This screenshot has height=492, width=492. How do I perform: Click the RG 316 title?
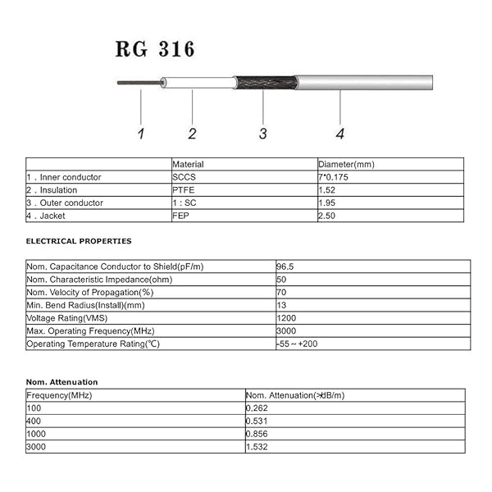click(156, 49)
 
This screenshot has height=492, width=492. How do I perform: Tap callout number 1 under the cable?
click(140, 134)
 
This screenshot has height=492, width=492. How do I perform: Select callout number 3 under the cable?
click(262, 134)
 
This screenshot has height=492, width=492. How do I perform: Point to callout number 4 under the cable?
click(339, 134)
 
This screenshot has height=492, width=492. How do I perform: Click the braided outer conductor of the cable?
click(265, 83)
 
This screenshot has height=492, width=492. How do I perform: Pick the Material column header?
click(188, 164)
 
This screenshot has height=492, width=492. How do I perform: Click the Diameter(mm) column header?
click(344, 164)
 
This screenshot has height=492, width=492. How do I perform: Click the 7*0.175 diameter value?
click(335, 177)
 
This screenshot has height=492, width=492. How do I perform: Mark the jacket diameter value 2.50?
click(326, 216)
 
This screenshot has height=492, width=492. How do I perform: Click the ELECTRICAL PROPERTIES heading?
click(79, 241)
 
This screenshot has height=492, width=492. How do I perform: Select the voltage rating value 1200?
click(286, 318)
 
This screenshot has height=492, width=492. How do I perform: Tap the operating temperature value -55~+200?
click(297, 344)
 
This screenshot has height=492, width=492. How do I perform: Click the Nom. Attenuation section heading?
click(61, 382)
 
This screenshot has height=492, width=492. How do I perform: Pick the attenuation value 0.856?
click(258, 434)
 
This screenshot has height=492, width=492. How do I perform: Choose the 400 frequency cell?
click(34, 421)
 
